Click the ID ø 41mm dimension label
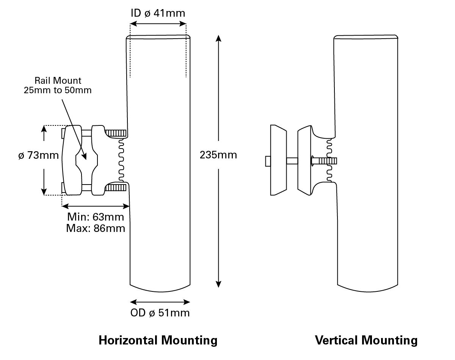pos(158,13)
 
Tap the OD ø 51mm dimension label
pos(160,313)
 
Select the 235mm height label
pos(218,155)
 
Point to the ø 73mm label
pos(38,155)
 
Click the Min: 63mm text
pos(96,217)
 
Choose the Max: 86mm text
pos(96,228)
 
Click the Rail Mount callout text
pos(58,85)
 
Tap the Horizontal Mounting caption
pos(158,340)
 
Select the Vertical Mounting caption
pos(366,340)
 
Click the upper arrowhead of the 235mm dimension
pos(218,38)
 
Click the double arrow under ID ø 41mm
pos(158,23)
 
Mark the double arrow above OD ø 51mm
pos(160,302)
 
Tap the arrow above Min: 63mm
pos(96,206)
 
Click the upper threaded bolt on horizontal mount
pos(115,133)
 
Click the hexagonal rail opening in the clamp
pos(87,160)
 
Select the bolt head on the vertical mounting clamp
pos(267,161)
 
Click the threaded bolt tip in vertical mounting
pos(328,161)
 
